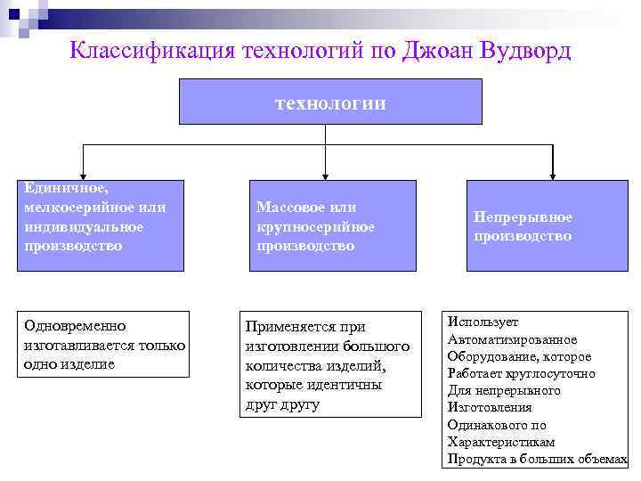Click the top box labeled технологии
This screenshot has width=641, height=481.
(x=330, y=102)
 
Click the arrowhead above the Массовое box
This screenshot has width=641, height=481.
(x=327, y=175)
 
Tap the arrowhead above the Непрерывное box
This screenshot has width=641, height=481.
(x=553, y=175)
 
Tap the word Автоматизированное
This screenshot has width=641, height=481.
(x=512, y=339)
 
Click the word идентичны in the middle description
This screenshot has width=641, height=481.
(x=351, y=385)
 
